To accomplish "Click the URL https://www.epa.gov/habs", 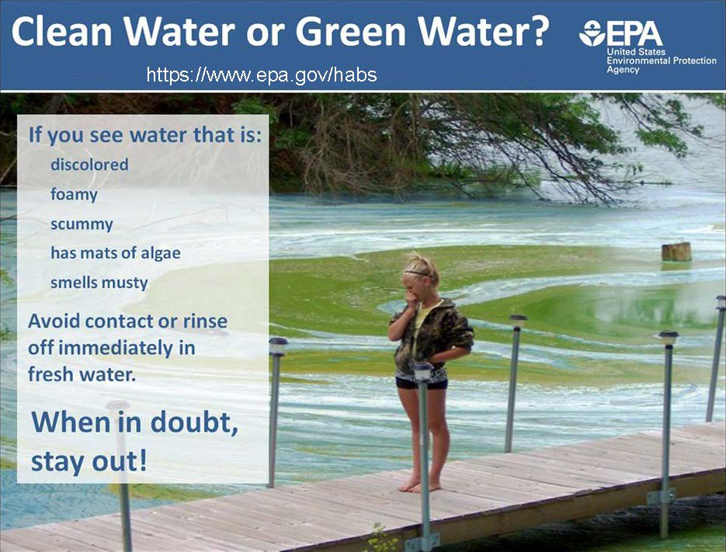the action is click(x=262, y=75).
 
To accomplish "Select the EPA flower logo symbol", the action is click(x=592, y=33).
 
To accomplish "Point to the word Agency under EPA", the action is click(x=623, y=70).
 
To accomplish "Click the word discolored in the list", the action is click(x=89, y=165).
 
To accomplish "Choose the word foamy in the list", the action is click(x=74, y=195).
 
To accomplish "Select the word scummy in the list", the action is click(x=82, y=224).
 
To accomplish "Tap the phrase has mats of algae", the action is click(x=116, y=253).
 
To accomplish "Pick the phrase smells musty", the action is click(x=99, y=283).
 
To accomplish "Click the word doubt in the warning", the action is click(x=194, y=422).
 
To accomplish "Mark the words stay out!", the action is click(x=89, y=460).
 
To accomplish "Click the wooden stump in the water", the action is click(x=676, y=252).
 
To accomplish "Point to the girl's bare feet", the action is click(x=419, y=485).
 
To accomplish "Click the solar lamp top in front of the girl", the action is click(x=423, y=371).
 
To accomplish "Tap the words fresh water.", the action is click(x=82, y=374).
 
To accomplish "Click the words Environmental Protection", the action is click(x=662, y=61).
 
